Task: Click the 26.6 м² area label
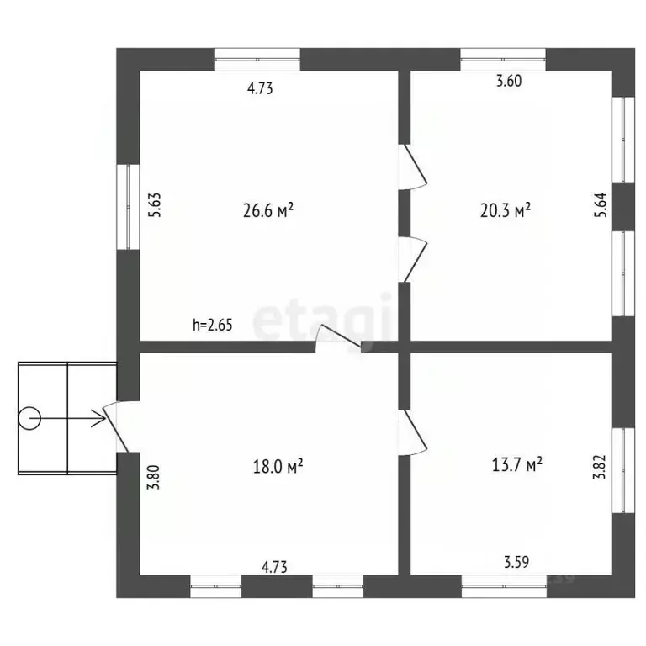pyautogui.click(x=268, y=210)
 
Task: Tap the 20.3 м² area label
pyautogui.click(x=505, y=210)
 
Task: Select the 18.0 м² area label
pyautogui.click(x=278, y=466)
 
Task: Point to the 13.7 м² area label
pyautogui.click(x=517, y=464)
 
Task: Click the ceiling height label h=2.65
pyautogui.click(x=213, y=325)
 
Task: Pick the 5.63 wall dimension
pyautogui.click(x=155, y=204)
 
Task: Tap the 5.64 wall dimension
pyautogui.click(x=601, y=204)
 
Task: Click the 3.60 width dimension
pyautogui.click(x=509, y=81)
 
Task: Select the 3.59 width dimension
pyautogui.click(x=516, y=562)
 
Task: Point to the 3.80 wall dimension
pyautogui.click(x=154, y=477)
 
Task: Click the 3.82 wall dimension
pyautogui.click(x=600, y=466)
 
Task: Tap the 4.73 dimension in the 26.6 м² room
pyautogui.click(x=260, y=88)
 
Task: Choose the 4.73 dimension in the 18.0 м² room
pyautogui.click(x=274, y=567)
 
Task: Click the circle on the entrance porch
pyautogui.click(x=29, y=419)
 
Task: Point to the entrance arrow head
pyautogui.click(x=99, y=419)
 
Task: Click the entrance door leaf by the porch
pyautogui.click(x=115, y=428)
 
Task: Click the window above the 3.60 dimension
pyautogui.click(x=503, y=60)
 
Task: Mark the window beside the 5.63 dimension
pyautogui.click(x=128, y=207)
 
